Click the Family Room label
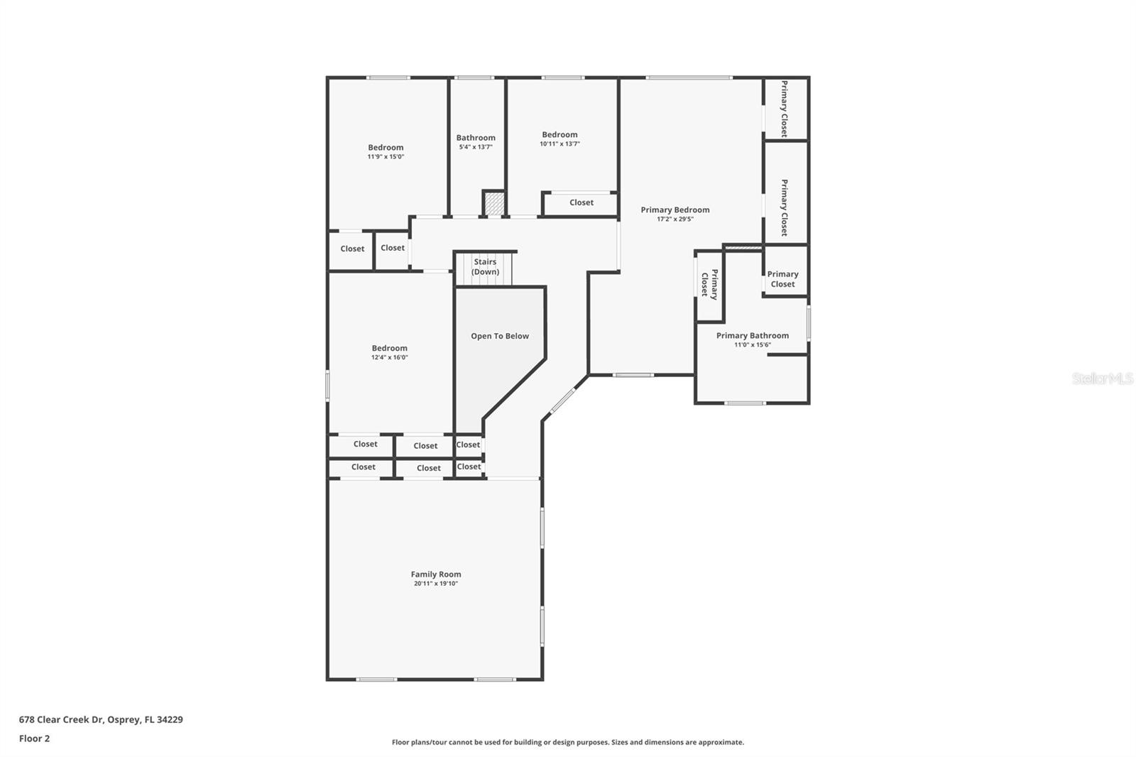435,574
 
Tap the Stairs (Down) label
486,267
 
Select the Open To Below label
500,337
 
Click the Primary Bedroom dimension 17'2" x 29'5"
674,219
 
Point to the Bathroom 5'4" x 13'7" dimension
475,147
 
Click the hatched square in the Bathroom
494,204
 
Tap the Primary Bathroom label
752,336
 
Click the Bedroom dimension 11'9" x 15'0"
386,157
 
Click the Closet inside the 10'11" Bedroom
581,203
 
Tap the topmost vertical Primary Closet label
785,109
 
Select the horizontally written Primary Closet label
782,279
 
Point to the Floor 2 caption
34,739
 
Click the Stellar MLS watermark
1102,378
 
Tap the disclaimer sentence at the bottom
568,742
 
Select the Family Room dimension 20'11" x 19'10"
436,584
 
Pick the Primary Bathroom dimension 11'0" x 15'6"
752,345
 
